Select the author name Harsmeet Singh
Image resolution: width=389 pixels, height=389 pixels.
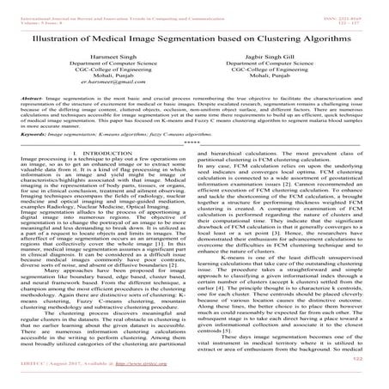[99, 59]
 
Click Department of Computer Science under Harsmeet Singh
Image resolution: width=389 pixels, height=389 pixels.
[99, 68]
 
